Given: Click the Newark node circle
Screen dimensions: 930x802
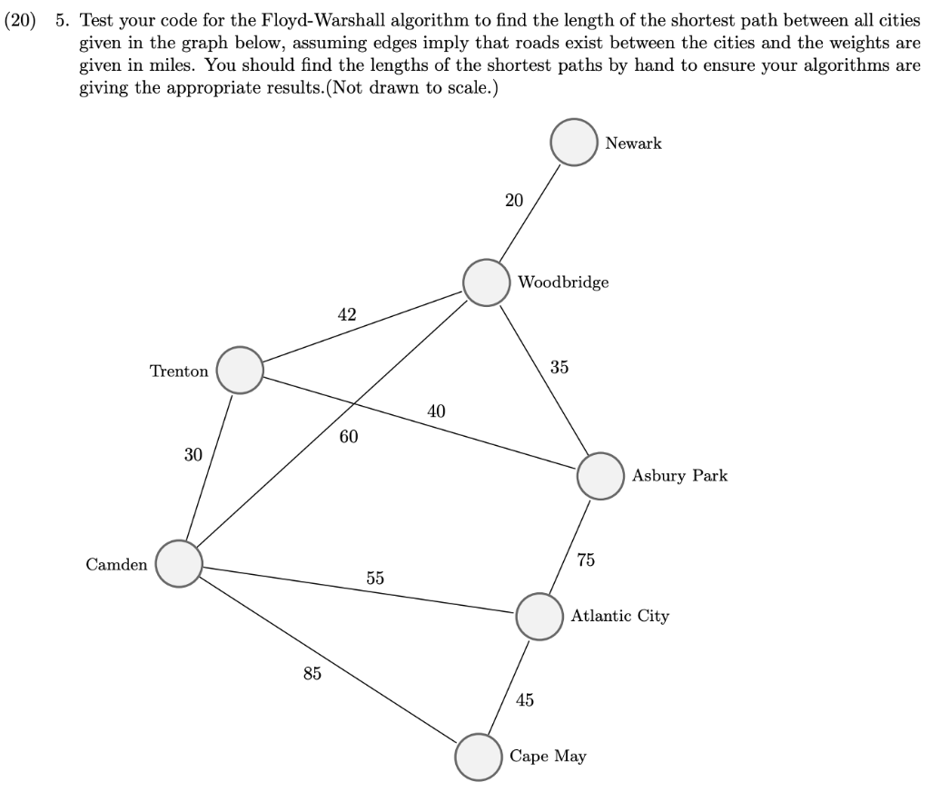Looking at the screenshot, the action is tap(574, 144).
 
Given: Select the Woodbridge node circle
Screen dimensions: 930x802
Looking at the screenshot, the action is tap(486, 282).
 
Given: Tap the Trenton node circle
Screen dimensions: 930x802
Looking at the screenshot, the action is tap(239, 370).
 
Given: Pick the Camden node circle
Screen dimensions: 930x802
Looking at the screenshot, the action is tap(179, 564).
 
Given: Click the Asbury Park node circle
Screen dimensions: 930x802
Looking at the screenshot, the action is tap(599, 476).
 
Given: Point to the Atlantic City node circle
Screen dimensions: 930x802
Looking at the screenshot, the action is tap(539, 617).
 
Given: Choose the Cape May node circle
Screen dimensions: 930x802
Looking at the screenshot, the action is tap(478, 757).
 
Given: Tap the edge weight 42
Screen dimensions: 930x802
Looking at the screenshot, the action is tap(347, 315).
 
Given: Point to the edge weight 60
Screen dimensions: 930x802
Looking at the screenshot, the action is tap(349, 437).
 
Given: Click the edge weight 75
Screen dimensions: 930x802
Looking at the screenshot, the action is tap(586, 559).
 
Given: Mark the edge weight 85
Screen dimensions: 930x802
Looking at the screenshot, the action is tap(312, 673).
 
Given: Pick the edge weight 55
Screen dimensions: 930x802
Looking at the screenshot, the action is tap(375, 578).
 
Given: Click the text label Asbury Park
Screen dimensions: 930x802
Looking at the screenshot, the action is tap(679, 476).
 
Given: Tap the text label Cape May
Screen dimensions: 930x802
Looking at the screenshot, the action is tap(548, 756).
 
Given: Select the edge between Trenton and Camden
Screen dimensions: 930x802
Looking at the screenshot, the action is tap(209, 467).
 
